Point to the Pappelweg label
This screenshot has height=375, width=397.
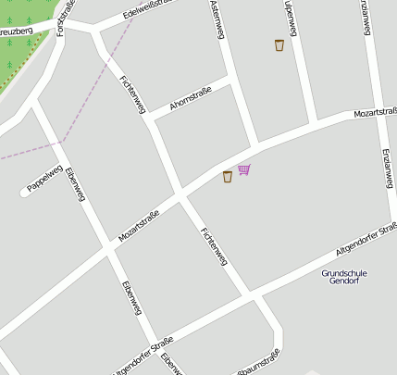44,179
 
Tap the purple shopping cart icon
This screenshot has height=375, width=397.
243,169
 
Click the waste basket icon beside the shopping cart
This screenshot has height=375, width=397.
228,176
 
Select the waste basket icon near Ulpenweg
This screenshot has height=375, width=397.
279,44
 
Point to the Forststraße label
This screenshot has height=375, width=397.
63,17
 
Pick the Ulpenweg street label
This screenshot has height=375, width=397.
290,19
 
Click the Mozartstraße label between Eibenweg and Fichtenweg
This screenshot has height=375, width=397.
139,226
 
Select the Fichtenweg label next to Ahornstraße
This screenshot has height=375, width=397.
133,94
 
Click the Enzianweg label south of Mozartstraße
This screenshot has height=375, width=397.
386,169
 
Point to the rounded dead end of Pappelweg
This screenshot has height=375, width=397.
25,193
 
